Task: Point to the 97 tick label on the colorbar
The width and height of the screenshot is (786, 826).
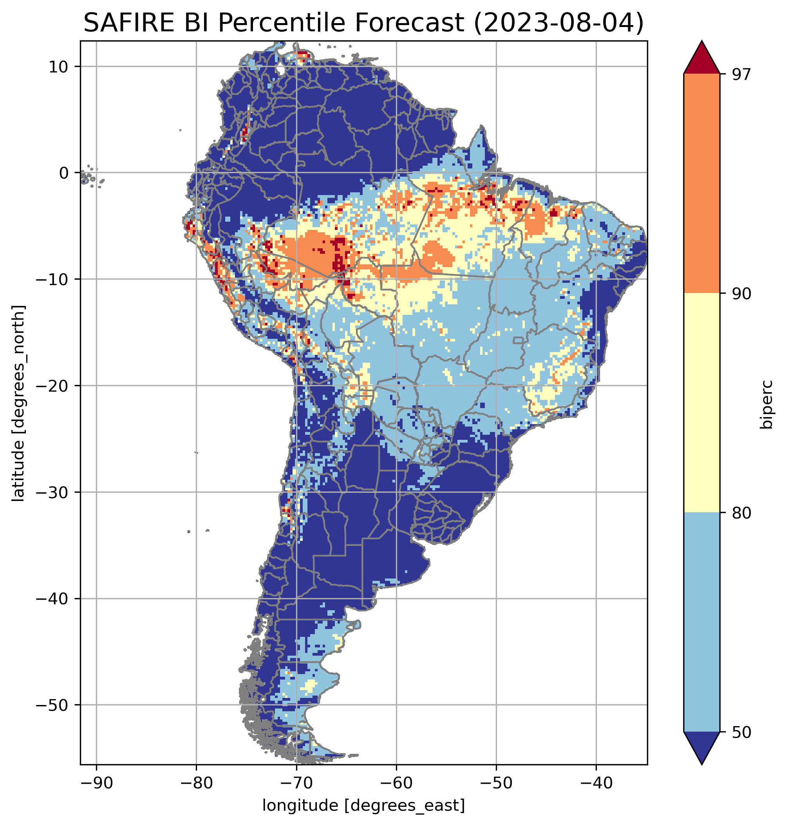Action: pos(741,74)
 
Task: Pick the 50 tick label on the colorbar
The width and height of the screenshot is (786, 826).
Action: pos(741,732)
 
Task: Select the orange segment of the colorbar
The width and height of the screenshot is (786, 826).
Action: pos(701,184)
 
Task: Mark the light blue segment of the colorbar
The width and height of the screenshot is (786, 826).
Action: pos(701,622)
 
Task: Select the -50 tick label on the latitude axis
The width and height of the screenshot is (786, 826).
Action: pos(52,706)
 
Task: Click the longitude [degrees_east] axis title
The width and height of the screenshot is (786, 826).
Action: pos(364,805)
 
